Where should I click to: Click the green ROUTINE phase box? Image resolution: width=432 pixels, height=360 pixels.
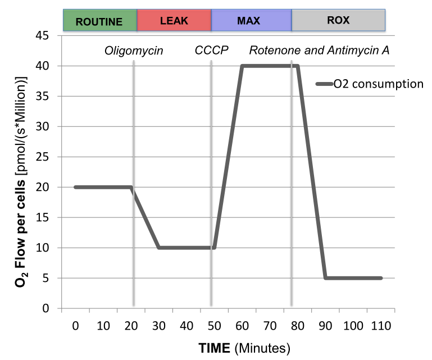pyautogui.click(x=99, y=21)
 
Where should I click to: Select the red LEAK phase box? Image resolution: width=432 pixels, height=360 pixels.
pyautogui.click(x=174, y=21)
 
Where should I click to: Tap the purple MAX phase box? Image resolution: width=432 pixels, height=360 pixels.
pyautogui.click(x=251, y=21)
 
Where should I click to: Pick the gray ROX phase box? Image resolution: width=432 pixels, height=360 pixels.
pyautogui.click(x=338, y=21)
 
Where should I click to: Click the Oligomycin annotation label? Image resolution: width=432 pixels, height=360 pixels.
pyautogui.click(x=134, y=51)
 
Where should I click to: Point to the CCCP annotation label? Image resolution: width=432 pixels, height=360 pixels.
pyautogui.click(x=211, y=51)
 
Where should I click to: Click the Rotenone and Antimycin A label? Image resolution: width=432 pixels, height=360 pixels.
pyautogui.click(x=320, y=51)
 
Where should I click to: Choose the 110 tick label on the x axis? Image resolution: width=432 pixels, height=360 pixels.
pyautogui.click(x=381, y=326)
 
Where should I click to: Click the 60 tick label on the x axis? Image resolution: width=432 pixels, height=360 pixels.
pyautogui.click(x=242, y=326)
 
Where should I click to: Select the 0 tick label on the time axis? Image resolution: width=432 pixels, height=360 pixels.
pyautogui.click(x=75, y=326)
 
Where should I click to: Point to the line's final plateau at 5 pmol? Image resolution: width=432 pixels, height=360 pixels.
pyautogui.click(x=354, y=278)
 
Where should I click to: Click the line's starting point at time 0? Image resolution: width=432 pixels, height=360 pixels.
pyautogui.click(x=75, y=187)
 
